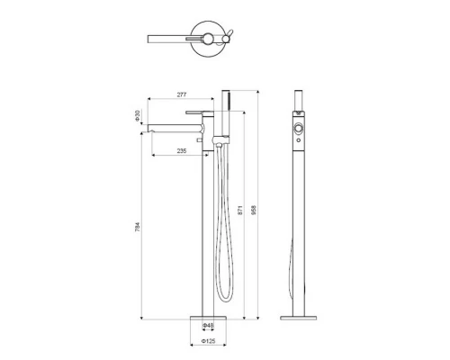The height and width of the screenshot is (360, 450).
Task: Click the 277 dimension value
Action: point(182,94)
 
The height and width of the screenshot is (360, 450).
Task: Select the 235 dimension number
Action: point(182,150)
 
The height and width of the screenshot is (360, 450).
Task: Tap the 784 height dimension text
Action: point(138,227)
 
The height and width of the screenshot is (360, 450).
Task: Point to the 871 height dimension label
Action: point(240,211)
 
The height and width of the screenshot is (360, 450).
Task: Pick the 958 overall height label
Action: point(254,211)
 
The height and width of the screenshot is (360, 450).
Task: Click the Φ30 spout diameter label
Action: point(138,116)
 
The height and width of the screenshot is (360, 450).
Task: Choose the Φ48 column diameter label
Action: point(208,325)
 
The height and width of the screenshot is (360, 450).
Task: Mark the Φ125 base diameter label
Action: point(209,341)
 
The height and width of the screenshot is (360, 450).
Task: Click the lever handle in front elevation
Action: point(194,112)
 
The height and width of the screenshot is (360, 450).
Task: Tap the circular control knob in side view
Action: point(299,128)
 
